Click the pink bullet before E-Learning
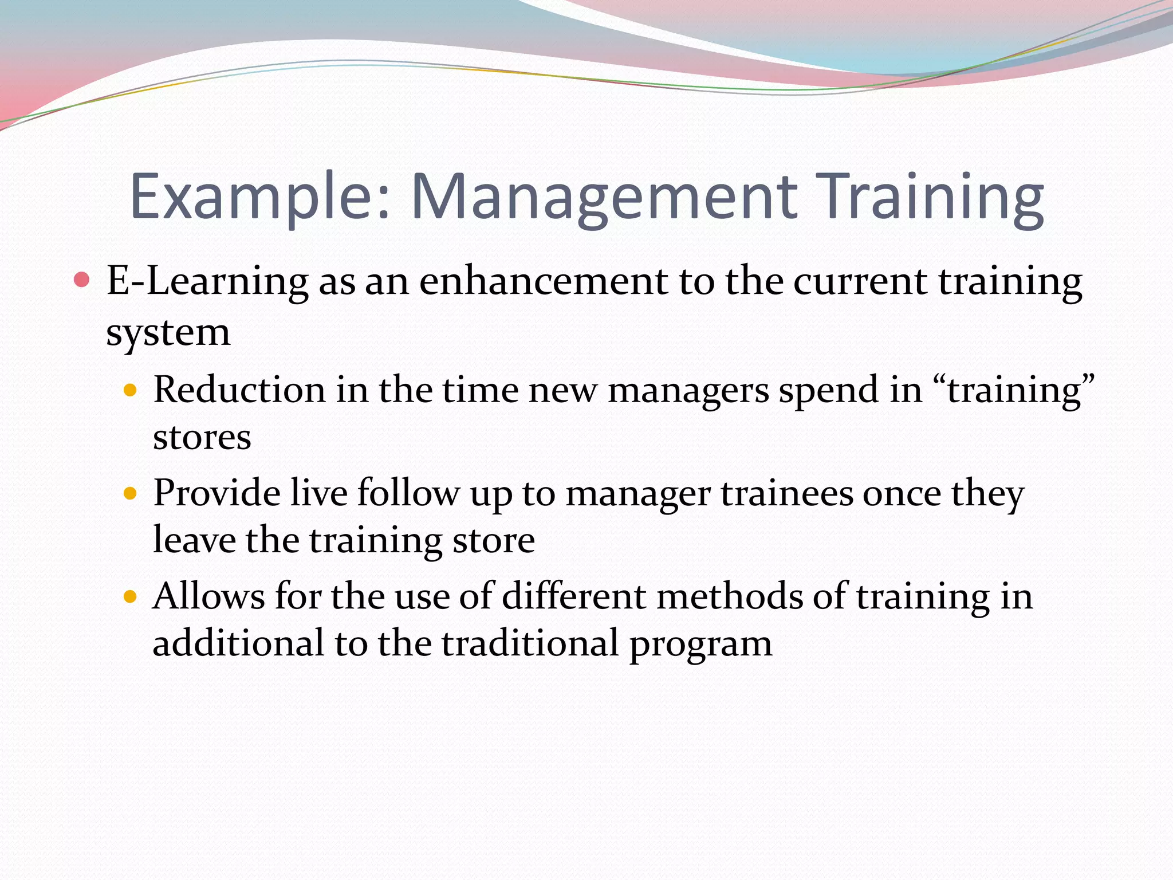coord(82,280)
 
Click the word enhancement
coord(544,282)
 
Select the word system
coord(168,332)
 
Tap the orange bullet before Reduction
coord(131,391)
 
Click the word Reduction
coord(240,390)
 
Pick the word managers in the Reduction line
coord(688,391)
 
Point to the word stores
coord(202,438)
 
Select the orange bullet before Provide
coord(131,493)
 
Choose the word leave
coord(194,540)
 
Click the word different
coord(574,596)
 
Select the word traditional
coord(530,643)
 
